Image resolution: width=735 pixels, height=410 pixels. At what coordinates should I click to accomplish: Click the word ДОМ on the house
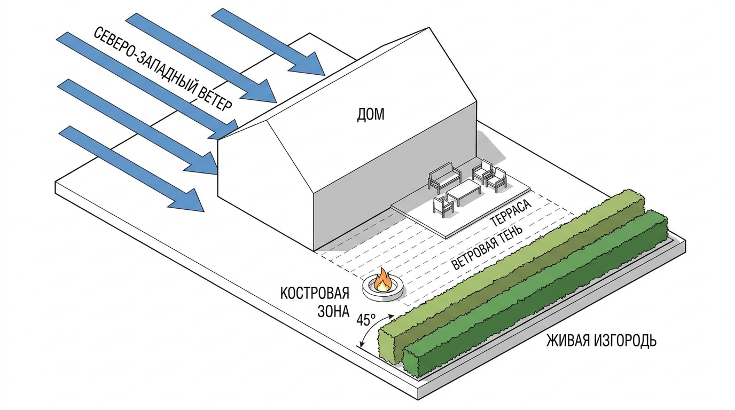tap(371, 115)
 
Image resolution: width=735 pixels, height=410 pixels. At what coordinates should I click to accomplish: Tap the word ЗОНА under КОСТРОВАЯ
tap(333, 312)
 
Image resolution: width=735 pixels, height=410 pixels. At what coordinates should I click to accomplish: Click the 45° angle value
tap(366, 320)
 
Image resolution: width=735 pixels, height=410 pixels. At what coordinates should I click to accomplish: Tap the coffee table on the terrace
tap(463, 195)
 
